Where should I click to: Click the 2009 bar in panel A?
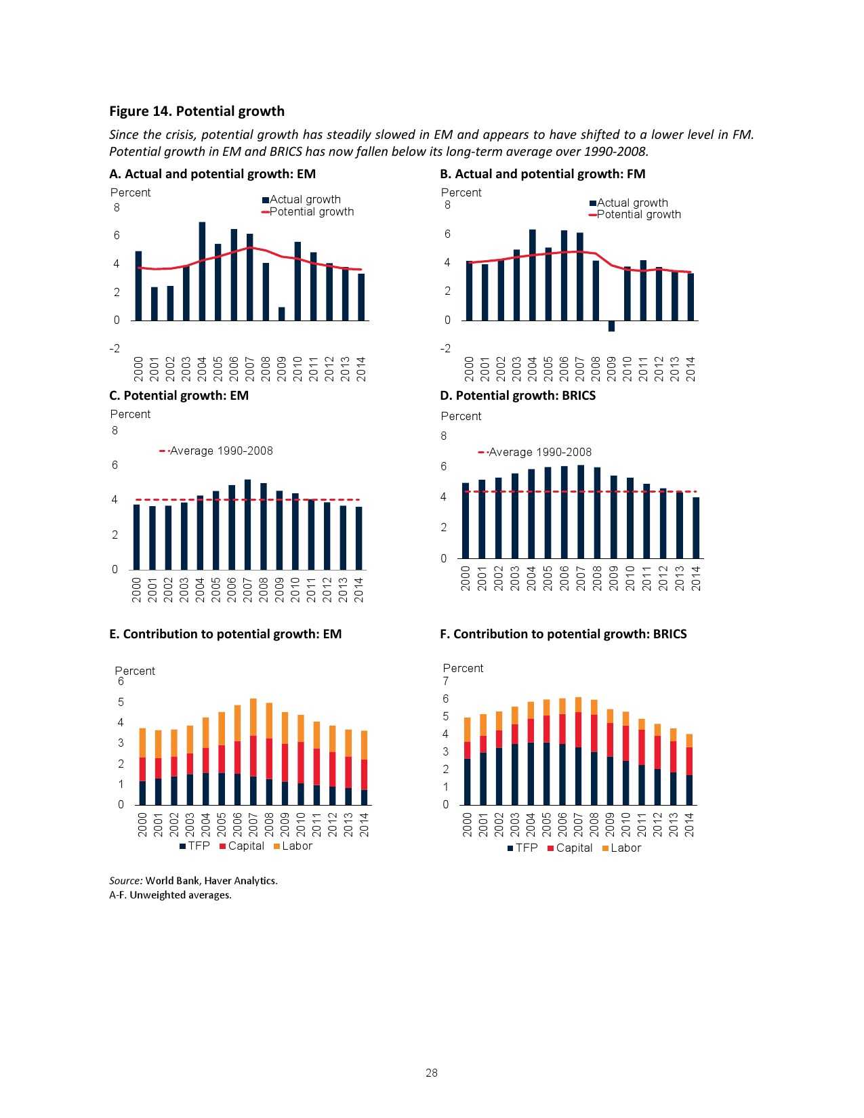[281, 314]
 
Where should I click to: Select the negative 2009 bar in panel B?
[611, 326]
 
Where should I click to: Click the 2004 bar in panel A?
[202, 271]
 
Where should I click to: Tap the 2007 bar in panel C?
[247, 524]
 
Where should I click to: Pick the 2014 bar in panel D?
[695, 528]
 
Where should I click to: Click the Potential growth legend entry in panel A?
[311, 211]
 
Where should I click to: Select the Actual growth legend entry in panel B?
[632, 203]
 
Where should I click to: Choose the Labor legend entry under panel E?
[296, 846]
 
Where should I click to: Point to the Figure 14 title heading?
[197, 111]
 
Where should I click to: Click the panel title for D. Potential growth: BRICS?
[518, 396]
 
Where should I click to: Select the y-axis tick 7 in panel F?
[445, 681]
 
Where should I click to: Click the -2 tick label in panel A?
[115, 348]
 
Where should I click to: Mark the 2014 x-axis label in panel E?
[364, 825]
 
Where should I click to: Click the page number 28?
[432, 1073]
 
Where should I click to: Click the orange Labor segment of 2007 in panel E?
[253, 717]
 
